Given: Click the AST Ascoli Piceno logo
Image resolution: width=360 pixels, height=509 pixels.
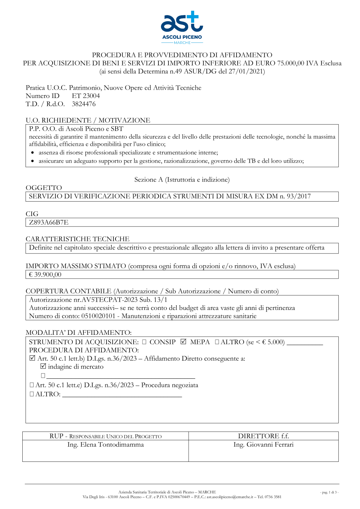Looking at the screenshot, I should tap(182, 27).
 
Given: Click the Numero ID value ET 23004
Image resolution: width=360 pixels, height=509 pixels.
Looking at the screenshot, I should tap(86, 96).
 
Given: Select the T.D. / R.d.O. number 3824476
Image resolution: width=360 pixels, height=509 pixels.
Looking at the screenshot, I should tap(84, 104).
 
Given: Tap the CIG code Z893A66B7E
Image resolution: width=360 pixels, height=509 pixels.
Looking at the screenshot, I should tap(49, 222).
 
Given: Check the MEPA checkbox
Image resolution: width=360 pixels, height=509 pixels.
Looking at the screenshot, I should tap(183, 342).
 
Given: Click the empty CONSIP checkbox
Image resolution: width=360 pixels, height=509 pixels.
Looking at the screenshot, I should tap(144, 342).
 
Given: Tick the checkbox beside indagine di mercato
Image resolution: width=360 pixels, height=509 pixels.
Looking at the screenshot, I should tap(43, 366).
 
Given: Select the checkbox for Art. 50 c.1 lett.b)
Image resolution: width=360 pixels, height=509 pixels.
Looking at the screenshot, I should tap(32, 358).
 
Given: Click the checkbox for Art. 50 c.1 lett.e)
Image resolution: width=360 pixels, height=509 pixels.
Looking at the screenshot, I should tap(32, 385).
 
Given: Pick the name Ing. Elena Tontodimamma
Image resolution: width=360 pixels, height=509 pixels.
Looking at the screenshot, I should tap(105, 445).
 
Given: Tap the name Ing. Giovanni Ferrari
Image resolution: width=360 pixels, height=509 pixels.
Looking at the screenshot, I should tap(263, 445).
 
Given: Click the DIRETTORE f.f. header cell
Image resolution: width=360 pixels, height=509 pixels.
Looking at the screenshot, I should tap(263, 436).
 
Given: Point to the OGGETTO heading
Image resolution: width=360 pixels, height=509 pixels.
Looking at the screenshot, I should tap(44, 188).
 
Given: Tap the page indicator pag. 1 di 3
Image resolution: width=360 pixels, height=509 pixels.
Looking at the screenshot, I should tap(329, 492).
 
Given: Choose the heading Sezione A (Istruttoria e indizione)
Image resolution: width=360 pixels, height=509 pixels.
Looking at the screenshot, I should tap(182, 180).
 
